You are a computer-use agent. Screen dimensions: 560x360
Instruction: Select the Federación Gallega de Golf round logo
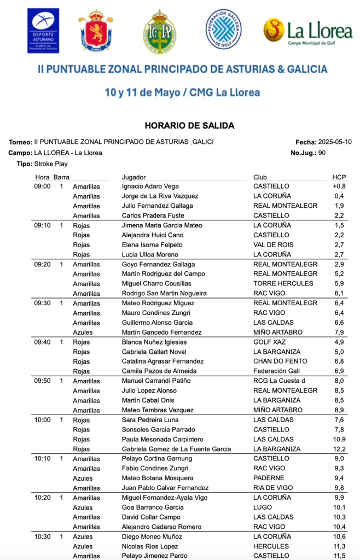[223, 30]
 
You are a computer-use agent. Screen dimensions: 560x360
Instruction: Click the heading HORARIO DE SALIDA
[189, 126]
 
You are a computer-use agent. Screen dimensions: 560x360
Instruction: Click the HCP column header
[339, 177]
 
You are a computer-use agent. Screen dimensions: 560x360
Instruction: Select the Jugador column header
[133, 177]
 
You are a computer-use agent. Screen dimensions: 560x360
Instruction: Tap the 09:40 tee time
[42, 342]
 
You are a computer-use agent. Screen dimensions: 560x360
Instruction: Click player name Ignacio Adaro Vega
[150, 186]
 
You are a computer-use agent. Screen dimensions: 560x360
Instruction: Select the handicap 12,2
[339, 450]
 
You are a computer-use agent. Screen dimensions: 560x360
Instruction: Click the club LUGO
[262, 507]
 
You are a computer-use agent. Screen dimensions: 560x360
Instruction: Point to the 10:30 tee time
[42, 536]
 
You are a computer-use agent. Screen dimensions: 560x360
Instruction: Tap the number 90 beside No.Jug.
[322, 153]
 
